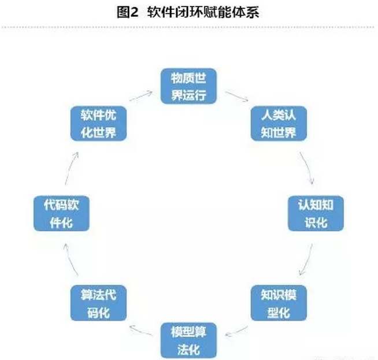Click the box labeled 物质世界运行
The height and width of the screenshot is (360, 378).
coord(189,86)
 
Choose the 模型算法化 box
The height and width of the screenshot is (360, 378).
coord(189,341)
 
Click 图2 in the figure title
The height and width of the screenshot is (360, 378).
coord(127,12)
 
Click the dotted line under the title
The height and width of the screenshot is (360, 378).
coord(189,27)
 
